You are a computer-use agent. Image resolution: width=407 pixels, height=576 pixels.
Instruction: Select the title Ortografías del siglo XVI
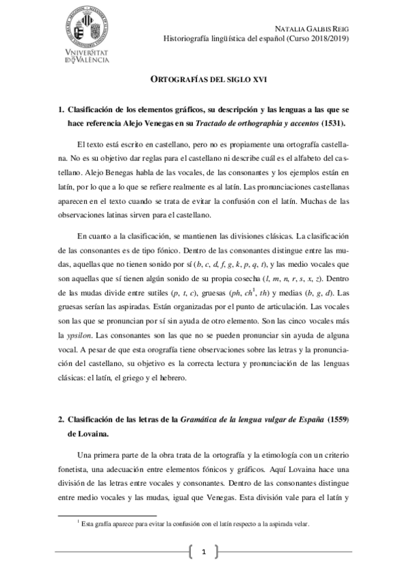[204, 79]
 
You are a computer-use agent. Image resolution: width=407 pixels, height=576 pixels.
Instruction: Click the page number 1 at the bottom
[203, 552]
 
